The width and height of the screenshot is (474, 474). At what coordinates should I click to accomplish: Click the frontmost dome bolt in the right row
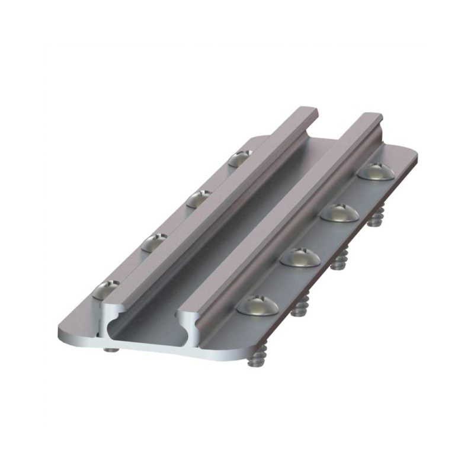(258, 305)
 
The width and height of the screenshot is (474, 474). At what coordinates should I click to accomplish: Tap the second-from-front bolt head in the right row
(300, 257)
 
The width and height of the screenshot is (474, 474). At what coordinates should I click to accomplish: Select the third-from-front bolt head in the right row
(340, 212)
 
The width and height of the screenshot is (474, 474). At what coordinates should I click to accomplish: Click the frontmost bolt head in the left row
(106, 290)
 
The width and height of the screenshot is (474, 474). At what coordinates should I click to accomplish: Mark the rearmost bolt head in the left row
(239, 158)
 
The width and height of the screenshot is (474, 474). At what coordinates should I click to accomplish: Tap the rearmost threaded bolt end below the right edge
(374, 221)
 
